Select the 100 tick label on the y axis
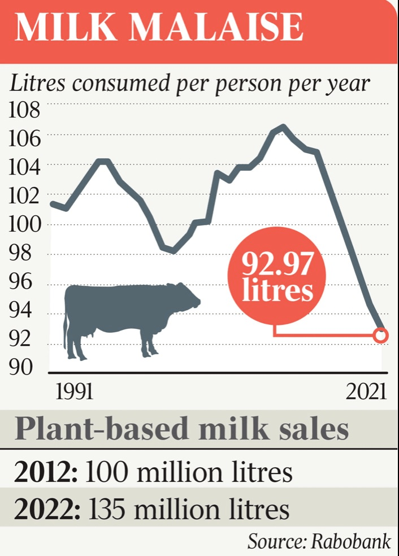[24, 224]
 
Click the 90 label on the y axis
[21, 368]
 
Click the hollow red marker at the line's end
[381, 336]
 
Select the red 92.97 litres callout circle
[277, 277]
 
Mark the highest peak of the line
[283, 127]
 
